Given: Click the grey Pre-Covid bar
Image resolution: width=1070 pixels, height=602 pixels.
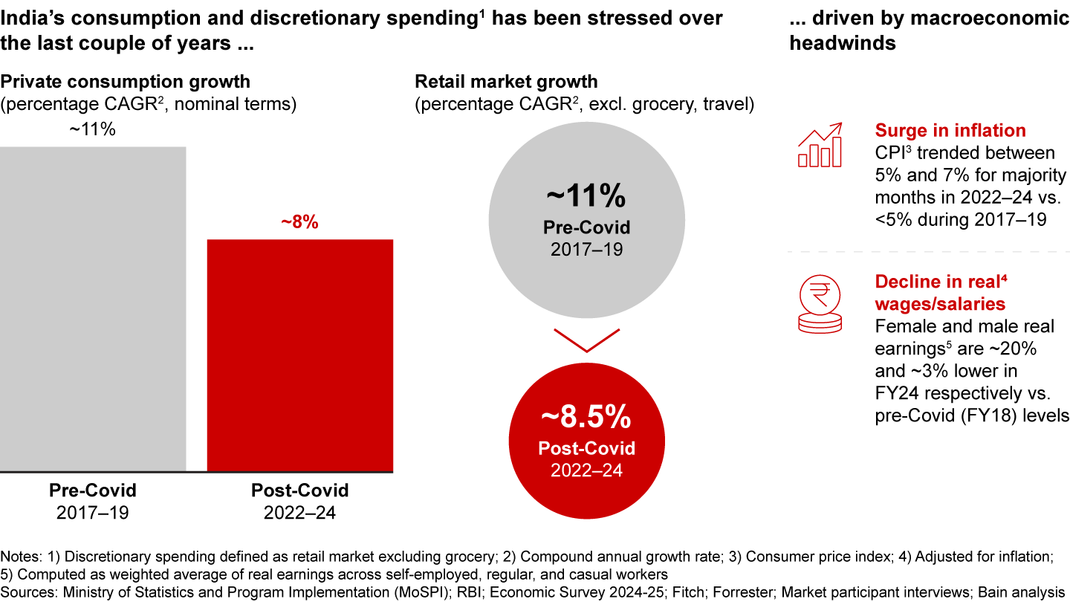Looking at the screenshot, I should coord(93,308).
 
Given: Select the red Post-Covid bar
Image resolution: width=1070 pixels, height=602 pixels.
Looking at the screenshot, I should coord(299,355).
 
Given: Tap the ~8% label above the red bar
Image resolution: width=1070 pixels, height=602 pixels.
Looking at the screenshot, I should coord(299,222).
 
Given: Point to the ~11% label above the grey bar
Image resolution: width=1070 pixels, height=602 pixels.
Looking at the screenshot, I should coord(93,129).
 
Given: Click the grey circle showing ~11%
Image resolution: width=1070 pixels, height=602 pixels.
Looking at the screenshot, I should coord(586,216).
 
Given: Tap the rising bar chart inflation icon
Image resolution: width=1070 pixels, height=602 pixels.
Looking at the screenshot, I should coord(820,145).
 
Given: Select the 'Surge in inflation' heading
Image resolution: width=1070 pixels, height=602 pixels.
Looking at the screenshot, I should coord(950,131).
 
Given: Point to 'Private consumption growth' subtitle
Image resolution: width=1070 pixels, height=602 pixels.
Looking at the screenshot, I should coord(125,82).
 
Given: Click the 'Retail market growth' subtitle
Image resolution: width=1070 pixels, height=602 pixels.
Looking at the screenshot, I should coord(506,82).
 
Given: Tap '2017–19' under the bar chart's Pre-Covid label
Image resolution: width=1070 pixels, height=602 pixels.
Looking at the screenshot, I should coord(93,512).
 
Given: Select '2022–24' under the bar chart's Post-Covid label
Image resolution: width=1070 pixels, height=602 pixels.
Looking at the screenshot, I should coord(299,512).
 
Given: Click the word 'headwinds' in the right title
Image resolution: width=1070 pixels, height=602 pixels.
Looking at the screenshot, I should coord(842,43).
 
